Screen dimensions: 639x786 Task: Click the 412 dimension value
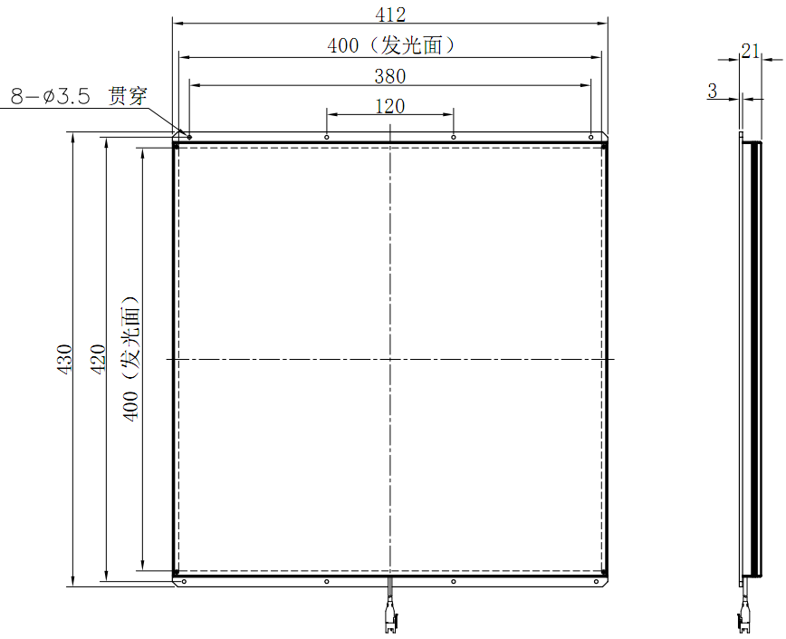(390, 15)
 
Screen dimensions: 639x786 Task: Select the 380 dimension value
(390, 75)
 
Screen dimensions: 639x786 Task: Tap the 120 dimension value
(390, 106)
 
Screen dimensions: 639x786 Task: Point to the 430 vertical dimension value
(64, 360)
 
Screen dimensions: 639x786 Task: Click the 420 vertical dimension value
(99, 360)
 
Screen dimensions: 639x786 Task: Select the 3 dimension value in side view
(713, 91)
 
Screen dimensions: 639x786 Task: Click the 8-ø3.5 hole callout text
(50, 96)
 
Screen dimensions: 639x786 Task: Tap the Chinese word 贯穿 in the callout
(128, 95)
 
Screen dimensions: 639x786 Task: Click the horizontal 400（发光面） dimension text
(390, 44)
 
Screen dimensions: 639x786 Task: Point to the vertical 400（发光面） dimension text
(131, 360)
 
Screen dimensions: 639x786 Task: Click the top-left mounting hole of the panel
(189, 137)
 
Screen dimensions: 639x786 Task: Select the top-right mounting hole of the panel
(591, 137)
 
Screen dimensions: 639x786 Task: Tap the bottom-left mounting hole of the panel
(184, 581)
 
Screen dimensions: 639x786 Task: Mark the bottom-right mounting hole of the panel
(597, 581)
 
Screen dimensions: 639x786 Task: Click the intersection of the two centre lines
(390, 359)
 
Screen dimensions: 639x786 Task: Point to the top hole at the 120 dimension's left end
(327, 137)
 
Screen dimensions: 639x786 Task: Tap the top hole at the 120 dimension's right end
(454, 137)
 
